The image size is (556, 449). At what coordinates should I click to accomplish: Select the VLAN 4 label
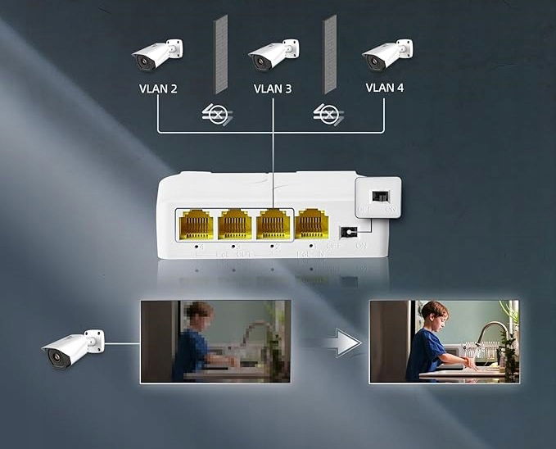384,88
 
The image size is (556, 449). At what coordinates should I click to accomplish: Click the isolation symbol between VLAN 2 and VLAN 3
215,114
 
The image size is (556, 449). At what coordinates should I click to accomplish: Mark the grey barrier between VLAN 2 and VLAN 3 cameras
216,54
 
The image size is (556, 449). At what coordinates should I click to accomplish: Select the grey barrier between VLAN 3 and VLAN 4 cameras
329,54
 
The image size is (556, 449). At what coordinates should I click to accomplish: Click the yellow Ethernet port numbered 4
196,224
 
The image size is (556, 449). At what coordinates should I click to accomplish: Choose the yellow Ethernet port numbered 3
234,224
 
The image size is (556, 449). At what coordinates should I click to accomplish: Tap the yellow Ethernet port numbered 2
273,224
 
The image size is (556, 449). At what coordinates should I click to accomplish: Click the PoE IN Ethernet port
311,224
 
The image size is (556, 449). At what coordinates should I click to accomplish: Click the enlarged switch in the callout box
380,197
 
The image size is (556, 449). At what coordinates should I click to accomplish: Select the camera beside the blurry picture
74,346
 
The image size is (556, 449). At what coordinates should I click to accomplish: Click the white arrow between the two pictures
341,342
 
